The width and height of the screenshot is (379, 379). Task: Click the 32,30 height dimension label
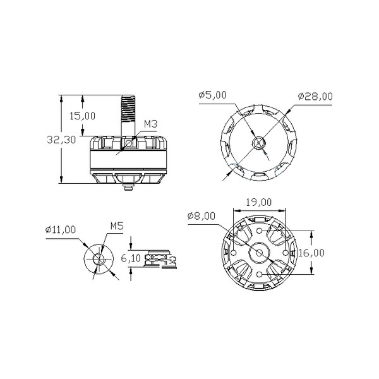pos(61,140)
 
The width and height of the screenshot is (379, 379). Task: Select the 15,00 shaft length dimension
pos(82,116)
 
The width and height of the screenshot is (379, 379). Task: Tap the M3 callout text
pos(151,124)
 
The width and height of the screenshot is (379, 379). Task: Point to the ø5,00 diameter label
pos(212,95)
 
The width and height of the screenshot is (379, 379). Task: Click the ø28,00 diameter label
pos(315,96)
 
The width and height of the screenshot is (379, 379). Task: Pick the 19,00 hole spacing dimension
pos(259,202)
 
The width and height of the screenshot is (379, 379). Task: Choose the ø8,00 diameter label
pos(202,216)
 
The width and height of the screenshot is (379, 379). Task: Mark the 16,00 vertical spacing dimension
pos(311,253)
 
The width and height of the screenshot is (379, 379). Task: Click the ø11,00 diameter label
pos(61,229)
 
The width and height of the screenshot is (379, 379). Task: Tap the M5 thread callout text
pos(117,226)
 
